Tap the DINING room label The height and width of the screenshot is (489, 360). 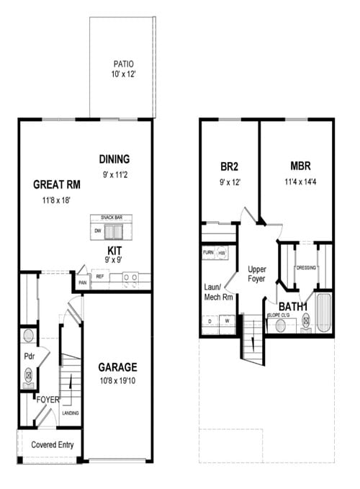(x=114, y=159)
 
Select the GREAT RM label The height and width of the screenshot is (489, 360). (x=55, y=184)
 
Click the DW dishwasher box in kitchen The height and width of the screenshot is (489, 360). (x=97, y=231)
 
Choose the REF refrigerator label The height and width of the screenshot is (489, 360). (x=100, y=277)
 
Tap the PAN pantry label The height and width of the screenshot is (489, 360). (x=83, y=283)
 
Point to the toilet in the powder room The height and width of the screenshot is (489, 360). (x=29, y=374)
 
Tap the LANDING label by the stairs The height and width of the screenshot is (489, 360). (x=71, y=413)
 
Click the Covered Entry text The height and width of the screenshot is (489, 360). (x=52, y=445)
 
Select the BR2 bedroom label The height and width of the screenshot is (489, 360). (x=229, y=166)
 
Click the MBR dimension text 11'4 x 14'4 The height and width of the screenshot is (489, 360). (x=300, y=181)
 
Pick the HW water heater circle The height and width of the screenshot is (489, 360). (x=222, y=254)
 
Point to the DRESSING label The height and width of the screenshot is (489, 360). (x=305, y=268)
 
